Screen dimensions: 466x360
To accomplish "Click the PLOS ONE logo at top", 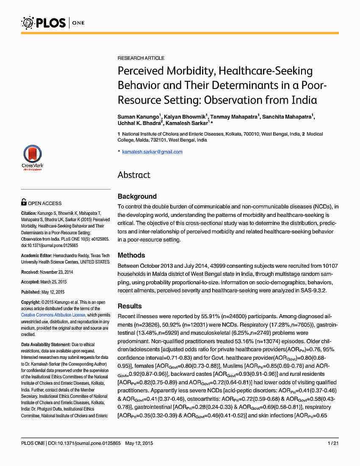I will [x=53, y=22].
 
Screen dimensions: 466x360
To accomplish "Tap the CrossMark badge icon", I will [x=32, y=157].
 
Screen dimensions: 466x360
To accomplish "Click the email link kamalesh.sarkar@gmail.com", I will [x=152, y=152].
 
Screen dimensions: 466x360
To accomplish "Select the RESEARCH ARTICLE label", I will [x=141, y=58].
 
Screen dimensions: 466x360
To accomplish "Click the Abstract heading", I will [x=134, y=175].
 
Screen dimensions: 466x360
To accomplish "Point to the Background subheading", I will [x=137, y=197].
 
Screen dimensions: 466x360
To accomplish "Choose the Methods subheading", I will [x=131, y=255].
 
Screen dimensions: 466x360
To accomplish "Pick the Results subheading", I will [x=130, y=306].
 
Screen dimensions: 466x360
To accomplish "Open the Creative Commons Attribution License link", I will [x=53, y=315].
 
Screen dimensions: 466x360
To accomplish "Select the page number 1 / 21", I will [x=333, y=443].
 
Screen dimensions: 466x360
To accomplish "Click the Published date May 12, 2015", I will [x=54, y=292].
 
